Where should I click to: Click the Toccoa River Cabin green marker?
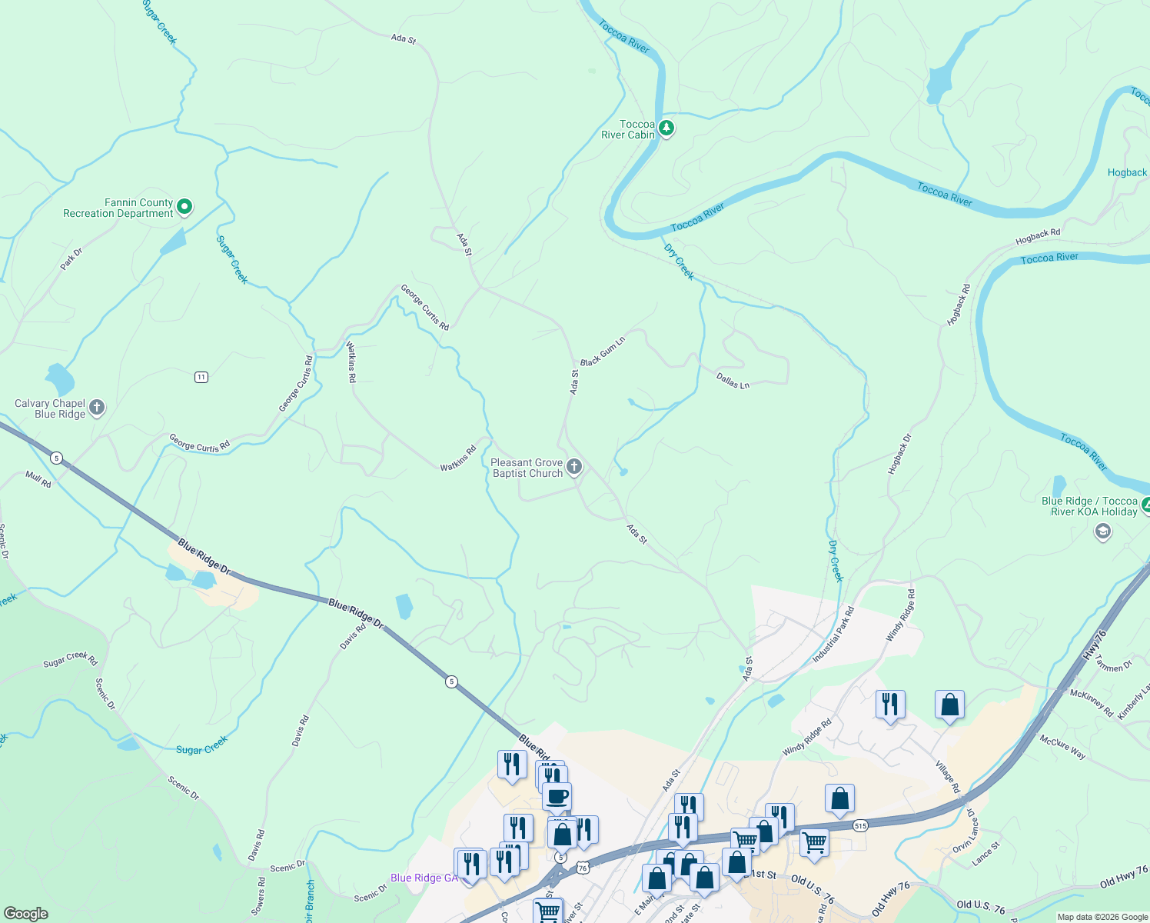click(x=666, y=128)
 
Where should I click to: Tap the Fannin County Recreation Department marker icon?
click(x=184, y=207)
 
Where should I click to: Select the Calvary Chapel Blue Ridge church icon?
click(x=97, y=408)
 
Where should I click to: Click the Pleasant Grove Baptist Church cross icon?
click(x=573, y=467)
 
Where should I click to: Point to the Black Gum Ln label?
click(x=603, y=352)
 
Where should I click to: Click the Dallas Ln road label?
click(x=733, y=380)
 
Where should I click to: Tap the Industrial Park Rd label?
click(x=833, y=635)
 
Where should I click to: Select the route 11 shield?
click(x=201, y=377)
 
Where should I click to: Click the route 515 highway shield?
click(x=859, y=825)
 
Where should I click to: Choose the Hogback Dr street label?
click(x=899, y=454)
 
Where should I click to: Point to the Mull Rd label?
click(x=38, y=479)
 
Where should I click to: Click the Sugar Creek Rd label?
click(x=70, y=658)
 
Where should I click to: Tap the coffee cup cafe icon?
click(x=557, y=796)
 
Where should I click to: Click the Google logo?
click(x=26, y=914)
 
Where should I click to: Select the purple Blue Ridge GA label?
click(x=424, y=878)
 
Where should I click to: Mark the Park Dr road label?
click(x=71, y=258)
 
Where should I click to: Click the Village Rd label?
click(x=947, y=777)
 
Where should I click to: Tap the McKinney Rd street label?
click(x=1092, y=703)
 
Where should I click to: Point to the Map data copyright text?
click(x=1102, y=917)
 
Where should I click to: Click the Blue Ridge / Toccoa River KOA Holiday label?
click(x=1089, y=506)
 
